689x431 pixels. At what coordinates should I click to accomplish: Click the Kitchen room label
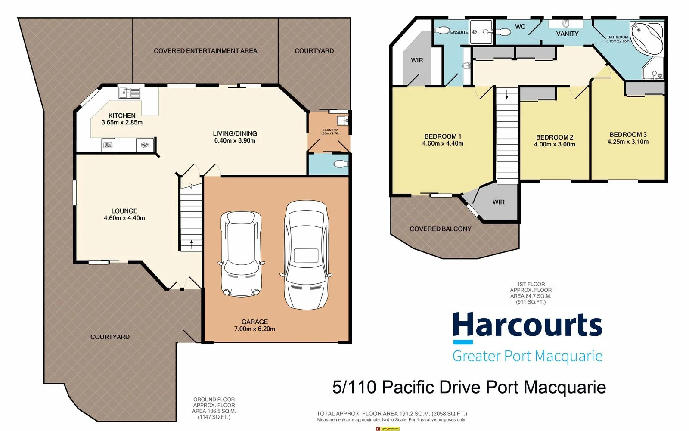pyautogui.click(x=122, y=115)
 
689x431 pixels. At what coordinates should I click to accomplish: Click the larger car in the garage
pyautogui.click(x=306, y=255)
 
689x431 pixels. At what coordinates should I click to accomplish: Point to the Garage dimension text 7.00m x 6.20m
pyautogui.click(x=254, y=329)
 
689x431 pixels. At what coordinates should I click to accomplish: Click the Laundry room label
pyautogui.click(x=330, y=130)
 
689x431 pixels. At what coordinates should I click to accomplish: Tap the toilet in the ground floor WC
pyautogui.click(x=341, y=164)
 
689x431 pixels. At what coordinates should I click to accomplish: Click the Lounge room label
pyautogui.click(x=124, y=211)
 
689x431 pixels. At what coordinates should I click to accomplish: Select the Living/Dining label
pyautogui.click(x=235, y=133)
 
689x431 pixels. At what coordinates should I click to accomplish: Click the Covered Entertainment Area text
pyautogui.click(x=205, y=51)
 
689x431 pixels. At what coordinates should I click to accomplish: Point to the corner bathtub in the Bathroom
pyautogui.click(x=647, y=37)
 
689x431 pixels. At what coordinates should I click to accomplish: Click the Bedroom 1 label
pyautogui.click(x=443, y=136)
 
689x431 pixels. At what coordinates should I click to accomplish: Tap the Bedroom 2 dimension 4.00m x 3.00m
pyautogui.click(x=555, y=145)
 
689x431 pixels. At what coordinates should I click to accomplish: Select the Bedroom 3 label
pyautogui.click(x=628, y=135)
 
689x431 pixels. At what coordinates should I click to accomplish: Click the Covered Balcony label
pyautogui.click(x=440, y=229)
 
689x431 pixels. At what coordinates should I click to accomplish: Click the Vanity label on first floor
pyautogui.click(x=567, y=34)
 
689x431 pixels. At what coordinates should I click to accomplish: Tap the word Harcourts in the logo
pyautogui.click(x=527, y=326)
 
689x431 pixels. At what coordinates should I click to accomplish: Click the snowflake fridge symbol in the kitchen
pyautogui.click(x=145, y=145)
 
